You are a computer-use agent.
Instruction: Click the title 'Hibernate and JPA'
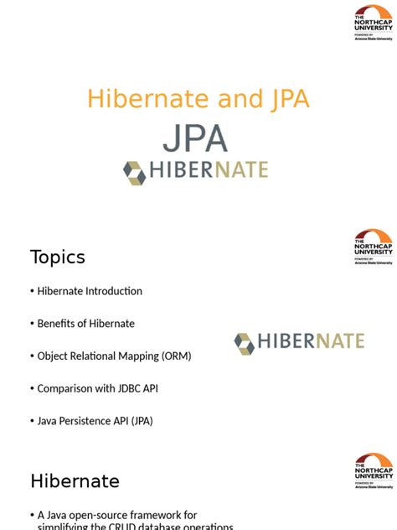(x=198, y=100)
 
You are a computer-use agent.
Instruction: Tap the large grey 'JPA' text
(x=194, y=139)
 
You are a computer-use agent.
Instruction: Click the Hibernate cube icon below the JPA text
(x=135, y=172)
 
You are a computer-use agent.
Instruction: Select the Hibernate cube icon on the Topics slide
(x=244, y=343)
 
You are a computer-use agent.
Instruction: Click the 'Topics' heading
(x=58, y=257)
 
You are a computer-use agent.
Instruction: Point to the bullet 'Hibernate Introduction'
(x=90, y=291)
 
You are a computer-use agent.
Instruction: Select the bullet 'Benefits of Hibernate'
(x=85, y=323)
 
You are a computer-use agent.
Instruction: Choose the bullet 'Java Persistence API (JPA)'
(x=95, y=420)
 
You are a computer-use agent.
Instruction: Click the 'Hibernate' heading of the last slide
(x=75, y=481)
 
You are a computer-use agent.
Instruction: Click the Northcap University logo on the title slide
(x=373, y=23)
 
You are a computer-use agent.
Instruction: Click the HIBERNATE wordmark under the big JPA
(x=209, y=171)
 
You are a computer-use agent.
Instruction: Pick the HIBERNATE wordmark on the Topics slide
(x=311, y=341)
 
